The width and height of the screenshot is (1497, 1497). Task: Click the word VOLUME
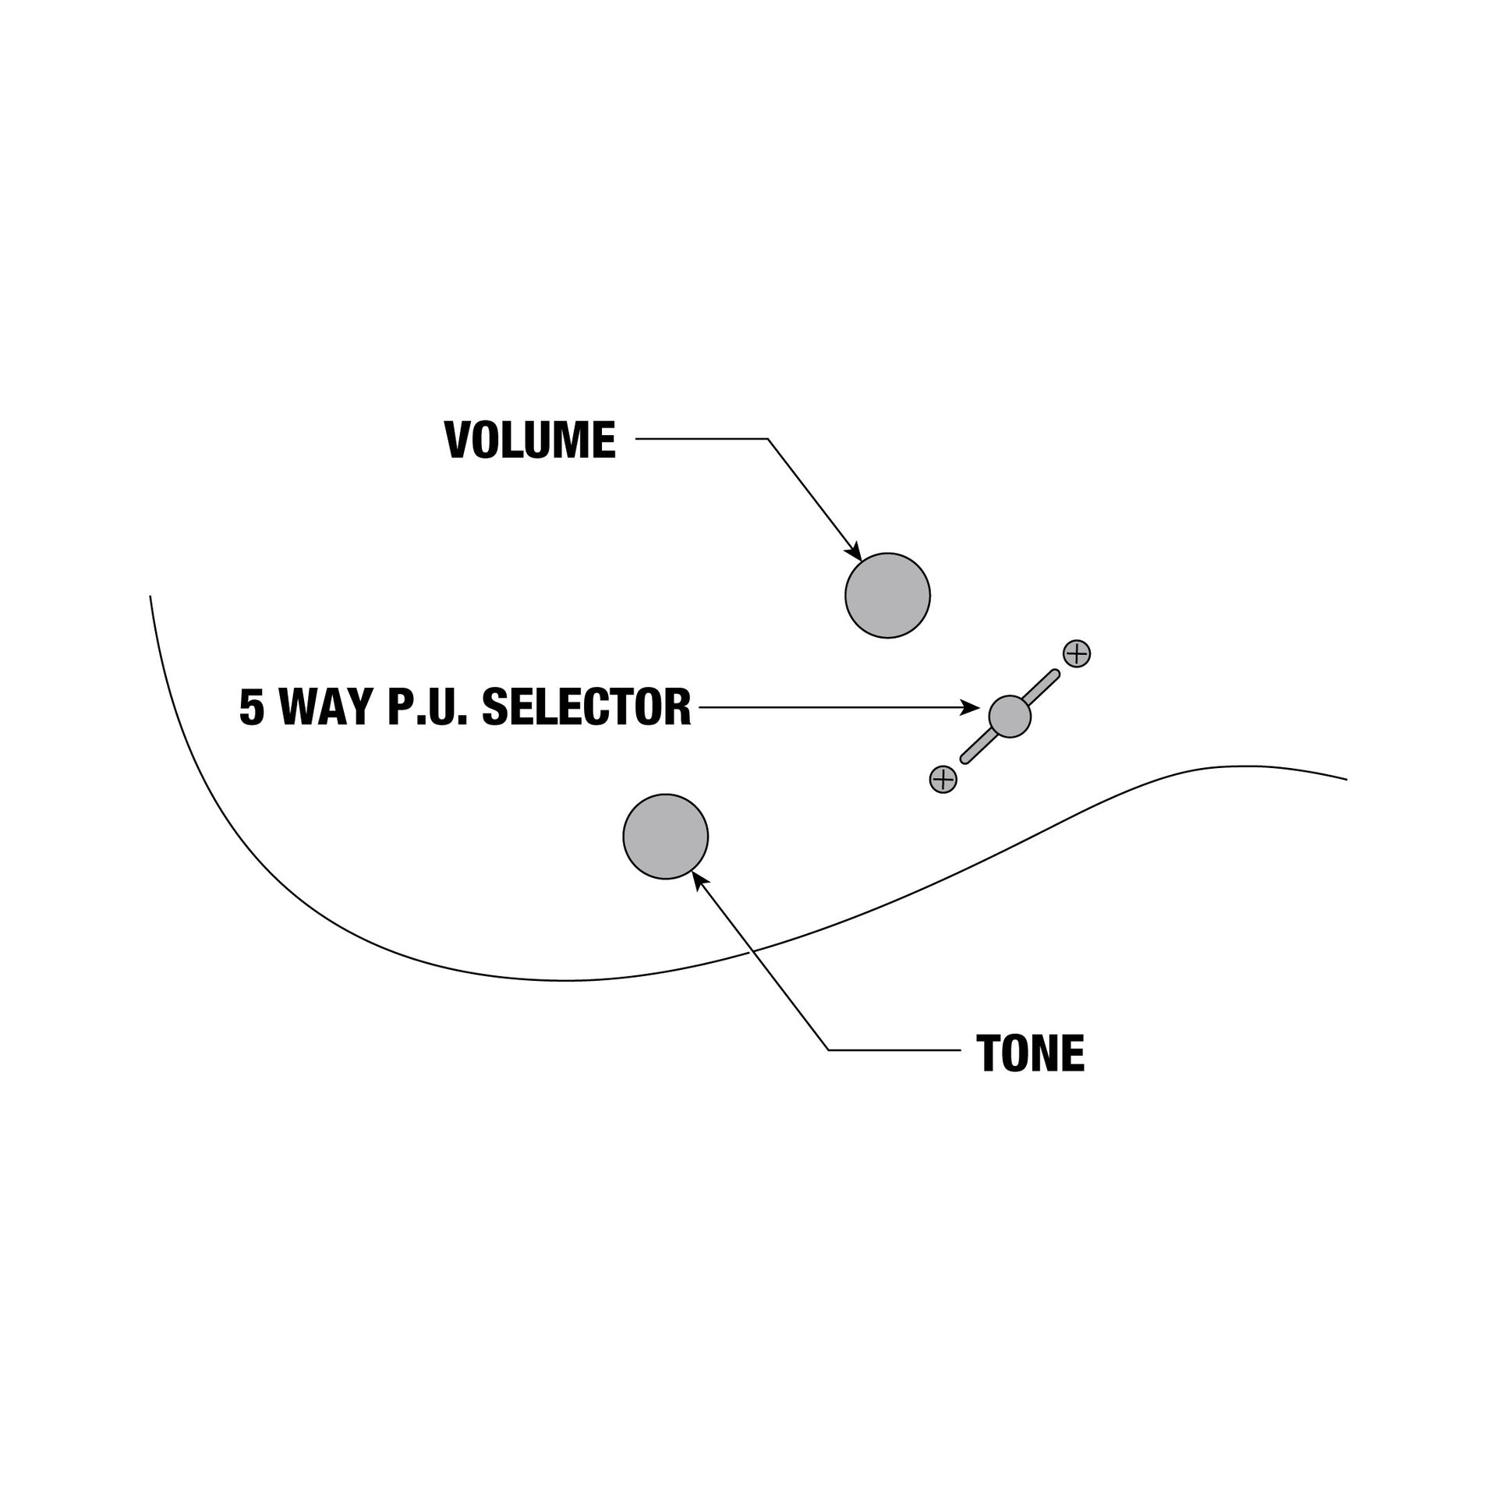(x=530, y=440)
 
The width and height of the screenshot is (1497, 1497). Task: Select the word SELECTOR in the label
(x=586, y=707)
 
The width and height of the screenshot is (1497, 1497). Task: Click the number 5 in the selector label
(x=252, y=707)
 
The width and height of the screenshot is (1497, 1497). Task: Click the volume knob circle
(x=887, y=596)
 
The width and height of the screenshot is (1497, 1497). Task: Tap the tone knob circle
(x=665, y=837)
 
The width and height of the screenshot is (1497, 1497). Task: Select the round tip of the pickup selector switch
(x=1010, y=716)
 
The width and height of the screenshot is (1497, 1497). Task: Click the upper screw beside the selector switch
(x=1077, y=653)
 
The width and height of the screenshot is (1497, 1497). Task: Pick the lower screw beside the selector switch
(x=943, y=779)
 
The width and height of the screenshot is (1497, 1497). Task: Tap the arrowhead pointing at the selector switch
(x=971, y=707)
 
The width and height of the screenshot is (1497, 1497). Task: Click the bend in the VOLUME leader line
(x=768, y=439)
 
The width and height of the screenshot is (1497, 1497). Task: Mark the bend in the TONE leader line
(x=828, y=1050)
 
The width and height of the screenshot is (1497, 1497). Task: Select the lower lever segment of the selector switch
(x=979, y=746)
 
